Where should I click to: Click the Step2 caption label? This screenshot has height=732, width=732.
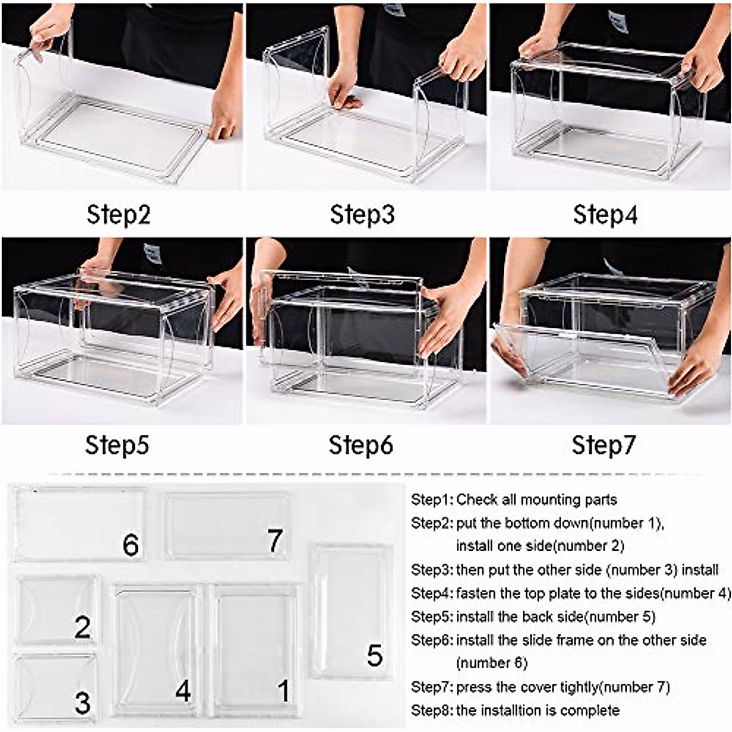[118, 215]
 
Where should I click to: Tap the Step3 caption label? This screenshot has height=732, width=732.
[362, 215]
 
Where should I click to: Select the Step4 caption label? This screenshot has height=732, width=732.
[605, 215]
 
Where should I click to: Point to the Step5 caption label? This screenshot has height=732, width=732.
[117, 445]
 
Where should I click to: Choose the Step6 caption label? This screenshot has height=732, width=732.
[361, 445]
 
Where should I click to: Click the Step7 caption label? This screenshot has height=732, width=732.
[604, 445]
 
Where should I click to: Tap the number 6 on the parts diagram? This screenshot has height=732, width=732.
[131, 545]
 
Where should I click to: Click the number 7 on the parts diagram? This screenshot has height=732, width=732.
[276, 540]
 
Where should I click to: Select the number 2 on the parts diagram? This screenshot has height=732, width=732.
[83, 628]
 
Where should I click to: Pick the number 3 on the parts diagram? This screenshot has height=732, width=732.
[83, 703]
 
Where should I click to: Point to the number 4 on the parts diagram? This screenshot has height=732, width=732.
[183, 691]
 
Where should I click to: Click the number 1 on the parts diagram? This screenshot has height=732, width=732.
[284, 691]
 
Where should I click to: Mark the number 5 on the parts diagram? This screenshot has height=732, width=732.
[375, 656]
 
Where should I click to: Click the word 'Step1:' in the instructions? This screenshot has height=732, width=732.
[432, 500]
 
